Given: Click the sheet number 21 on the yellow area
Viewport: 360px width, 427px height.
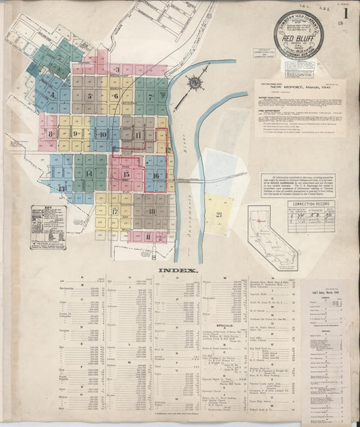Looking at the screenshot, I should [x=219, y=214].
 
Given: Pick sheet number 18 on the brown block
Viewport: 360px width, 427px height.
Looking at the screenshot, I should [x=151, y=211].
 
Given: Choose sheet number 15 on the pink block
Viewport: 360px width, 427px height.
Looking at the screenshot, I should [x=126, y=174].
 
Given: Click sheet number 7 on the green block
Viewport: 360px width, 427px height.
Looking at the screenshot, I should [x=151, y=97].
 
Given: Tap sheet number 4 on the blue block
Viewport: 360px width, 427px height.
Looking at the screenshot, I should [x=53, y=95].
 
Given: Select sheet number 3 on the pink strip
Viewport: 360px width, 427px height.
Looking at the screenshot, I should [x=117, y=69].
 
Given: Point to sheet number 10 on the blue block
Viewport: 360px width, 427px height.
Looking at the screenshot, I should [x=102, y=134].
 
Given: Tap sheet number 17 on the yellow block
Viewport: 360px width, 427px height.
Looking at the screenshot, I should [x=114, y=211].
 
